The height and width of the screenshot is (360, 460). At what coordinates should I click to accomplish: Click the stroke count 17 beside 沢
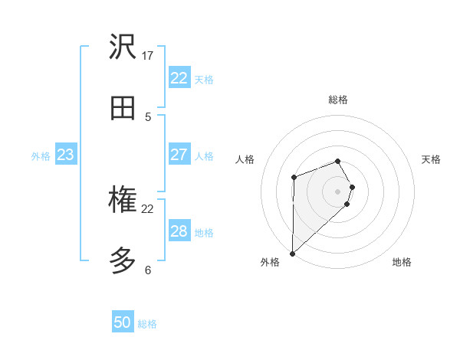(x=148, y=56)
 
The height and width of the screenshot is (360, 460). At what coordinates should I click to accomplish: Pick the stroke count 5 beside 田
(x=148, y=117)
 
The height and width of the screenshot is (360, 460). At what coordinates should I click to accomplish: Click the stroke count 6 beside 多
(x=148, y=270)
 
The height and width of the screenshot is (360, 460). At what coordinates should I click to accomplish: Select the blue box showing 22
(x=179, y=78)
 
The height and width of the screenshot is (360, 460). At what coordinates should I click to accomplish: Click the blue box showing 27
(x=179, y=155)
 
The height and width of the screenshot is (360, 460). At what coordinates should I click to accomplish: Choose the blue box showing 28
(x=179, y=231)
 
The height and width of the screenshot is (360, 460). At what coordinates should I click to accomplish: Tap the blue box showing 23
(x=65, y=155)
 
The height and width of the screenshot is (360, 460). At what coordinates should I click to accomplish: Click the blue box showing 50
(x=123, y=322)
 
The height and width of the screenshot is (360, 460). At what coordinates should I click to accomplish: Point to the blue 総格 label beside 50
(x=147, y=324)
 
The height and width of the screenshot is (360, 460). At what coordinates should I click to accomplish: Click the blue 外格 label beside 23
(x=41, y=156)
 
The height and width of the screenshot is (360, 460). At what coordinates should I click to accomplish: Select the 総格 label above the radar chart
(x=338, y=100)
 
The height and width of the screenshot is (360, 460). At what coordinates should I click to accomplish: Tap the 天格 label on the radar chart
(x=431, y=159)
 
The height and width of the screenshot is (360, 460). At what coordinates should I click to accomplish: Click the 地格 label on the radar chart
(x=402, y=262)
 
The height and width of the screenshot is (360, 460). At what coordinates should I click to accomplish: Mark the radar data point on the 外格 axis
(x=292, y=253)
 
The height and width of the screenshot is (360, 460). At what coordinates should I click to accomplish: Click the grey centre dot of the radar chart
(x=338, y=191)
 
